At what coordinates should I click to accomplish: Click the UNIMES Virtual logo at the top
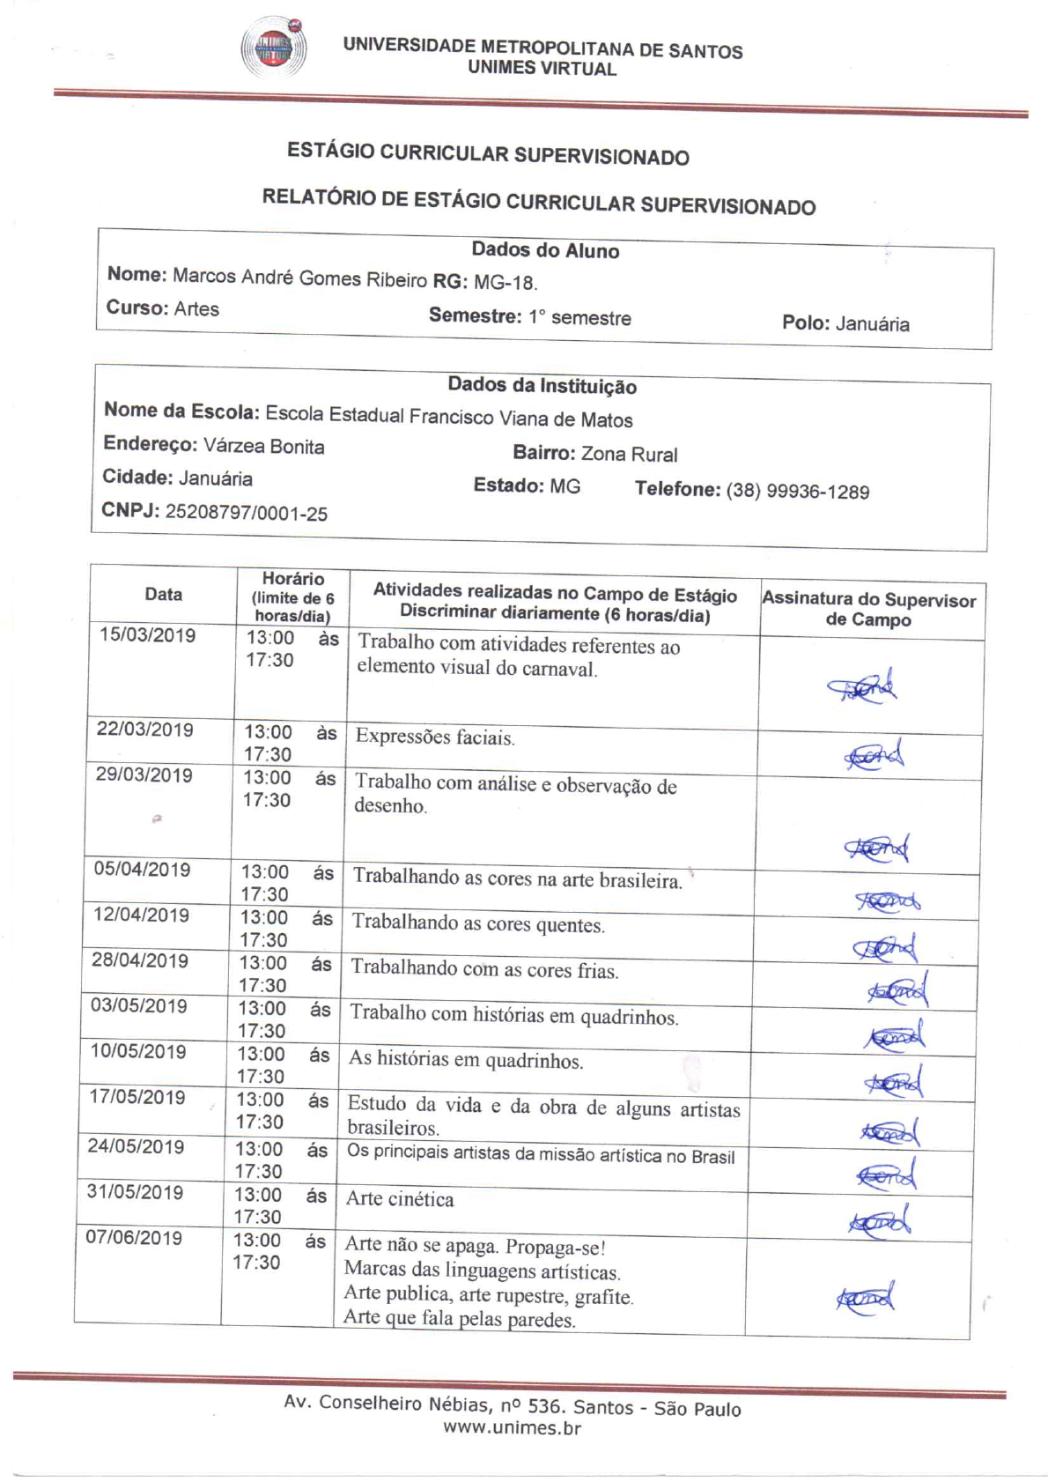pyautogui.click(x=274, y=48)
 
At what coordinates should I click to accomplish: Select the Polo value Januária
pyautogui.click(x=872, y=324)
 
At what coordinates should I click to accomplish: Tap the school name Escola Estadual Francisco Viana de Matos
pyautogui.click(x=448, y=417)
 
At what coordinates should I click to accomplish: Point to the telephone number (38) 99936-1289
pyautogui.click(x=797, y=492)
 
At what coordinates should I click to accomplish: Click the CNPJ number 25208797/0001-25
pyautogui.click(x=246, y=513)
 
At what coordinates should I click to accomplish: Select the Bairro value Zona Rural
pyautogui.click(x=629, y=455)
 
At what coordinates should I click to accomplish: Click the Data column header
pyautogui.click(x=163, y=594)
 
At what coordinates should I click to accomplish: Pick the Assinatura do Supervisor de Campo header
pyautogui.click(x=868, y=609)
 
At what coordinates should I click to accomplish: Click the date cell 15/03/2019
pyautogui.click(x=147, y=635)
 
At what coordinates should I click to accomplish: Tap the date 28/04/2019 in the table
pyautogui.click(x=140, y=960)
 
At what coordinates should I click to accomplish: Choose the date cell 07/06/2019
pyautogui.click(x=134, y=1237)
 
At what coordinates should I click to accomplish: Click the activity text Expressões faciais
pyautogui.click(x=435, y=737)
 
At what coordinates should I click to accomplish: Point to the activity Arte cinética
pyautogui.click(x=400, y=1199)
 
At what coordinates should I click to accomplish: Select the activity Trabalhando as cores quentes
pyautogui.click(x=478, y=924)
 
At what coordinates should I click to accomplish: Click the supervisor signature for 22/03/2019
pyautogui.click(x=874, y=756)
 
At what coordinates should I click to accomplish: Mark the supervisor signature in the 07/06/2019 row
pyautogui.click(x=865, y=1298)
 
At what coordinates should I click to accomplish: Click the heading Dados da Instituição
pyautogui.click(x=542, y=386)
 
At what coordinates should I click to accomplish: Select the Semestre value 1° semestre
pyautogui.click(x=579, y=318)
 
